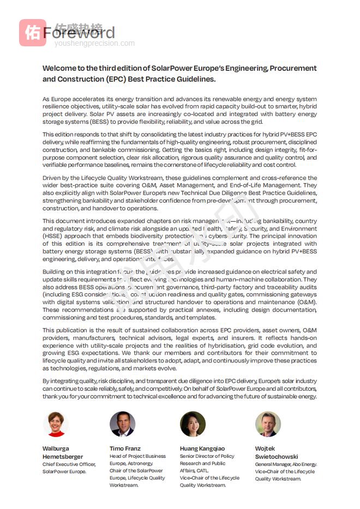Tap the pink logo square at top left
(32, 33)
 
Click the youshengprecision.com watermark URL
(94, 43)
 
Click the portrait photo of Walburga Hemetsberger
(55, 424)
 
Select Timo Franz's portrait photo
(122, 424)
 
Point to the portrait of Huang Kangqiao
(193, 424)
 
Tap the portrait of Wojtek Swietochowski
(268, 424)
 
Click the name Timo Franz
(125, 449)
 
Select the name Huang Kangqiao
(202, 449)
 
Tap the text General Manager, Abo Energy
(286, 464)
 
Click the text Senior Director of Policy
(207, 456)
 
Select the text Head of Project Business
(137, 456)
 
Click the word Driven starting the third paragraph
(52, 178)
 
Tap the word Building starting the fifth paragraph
(55, 271)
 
